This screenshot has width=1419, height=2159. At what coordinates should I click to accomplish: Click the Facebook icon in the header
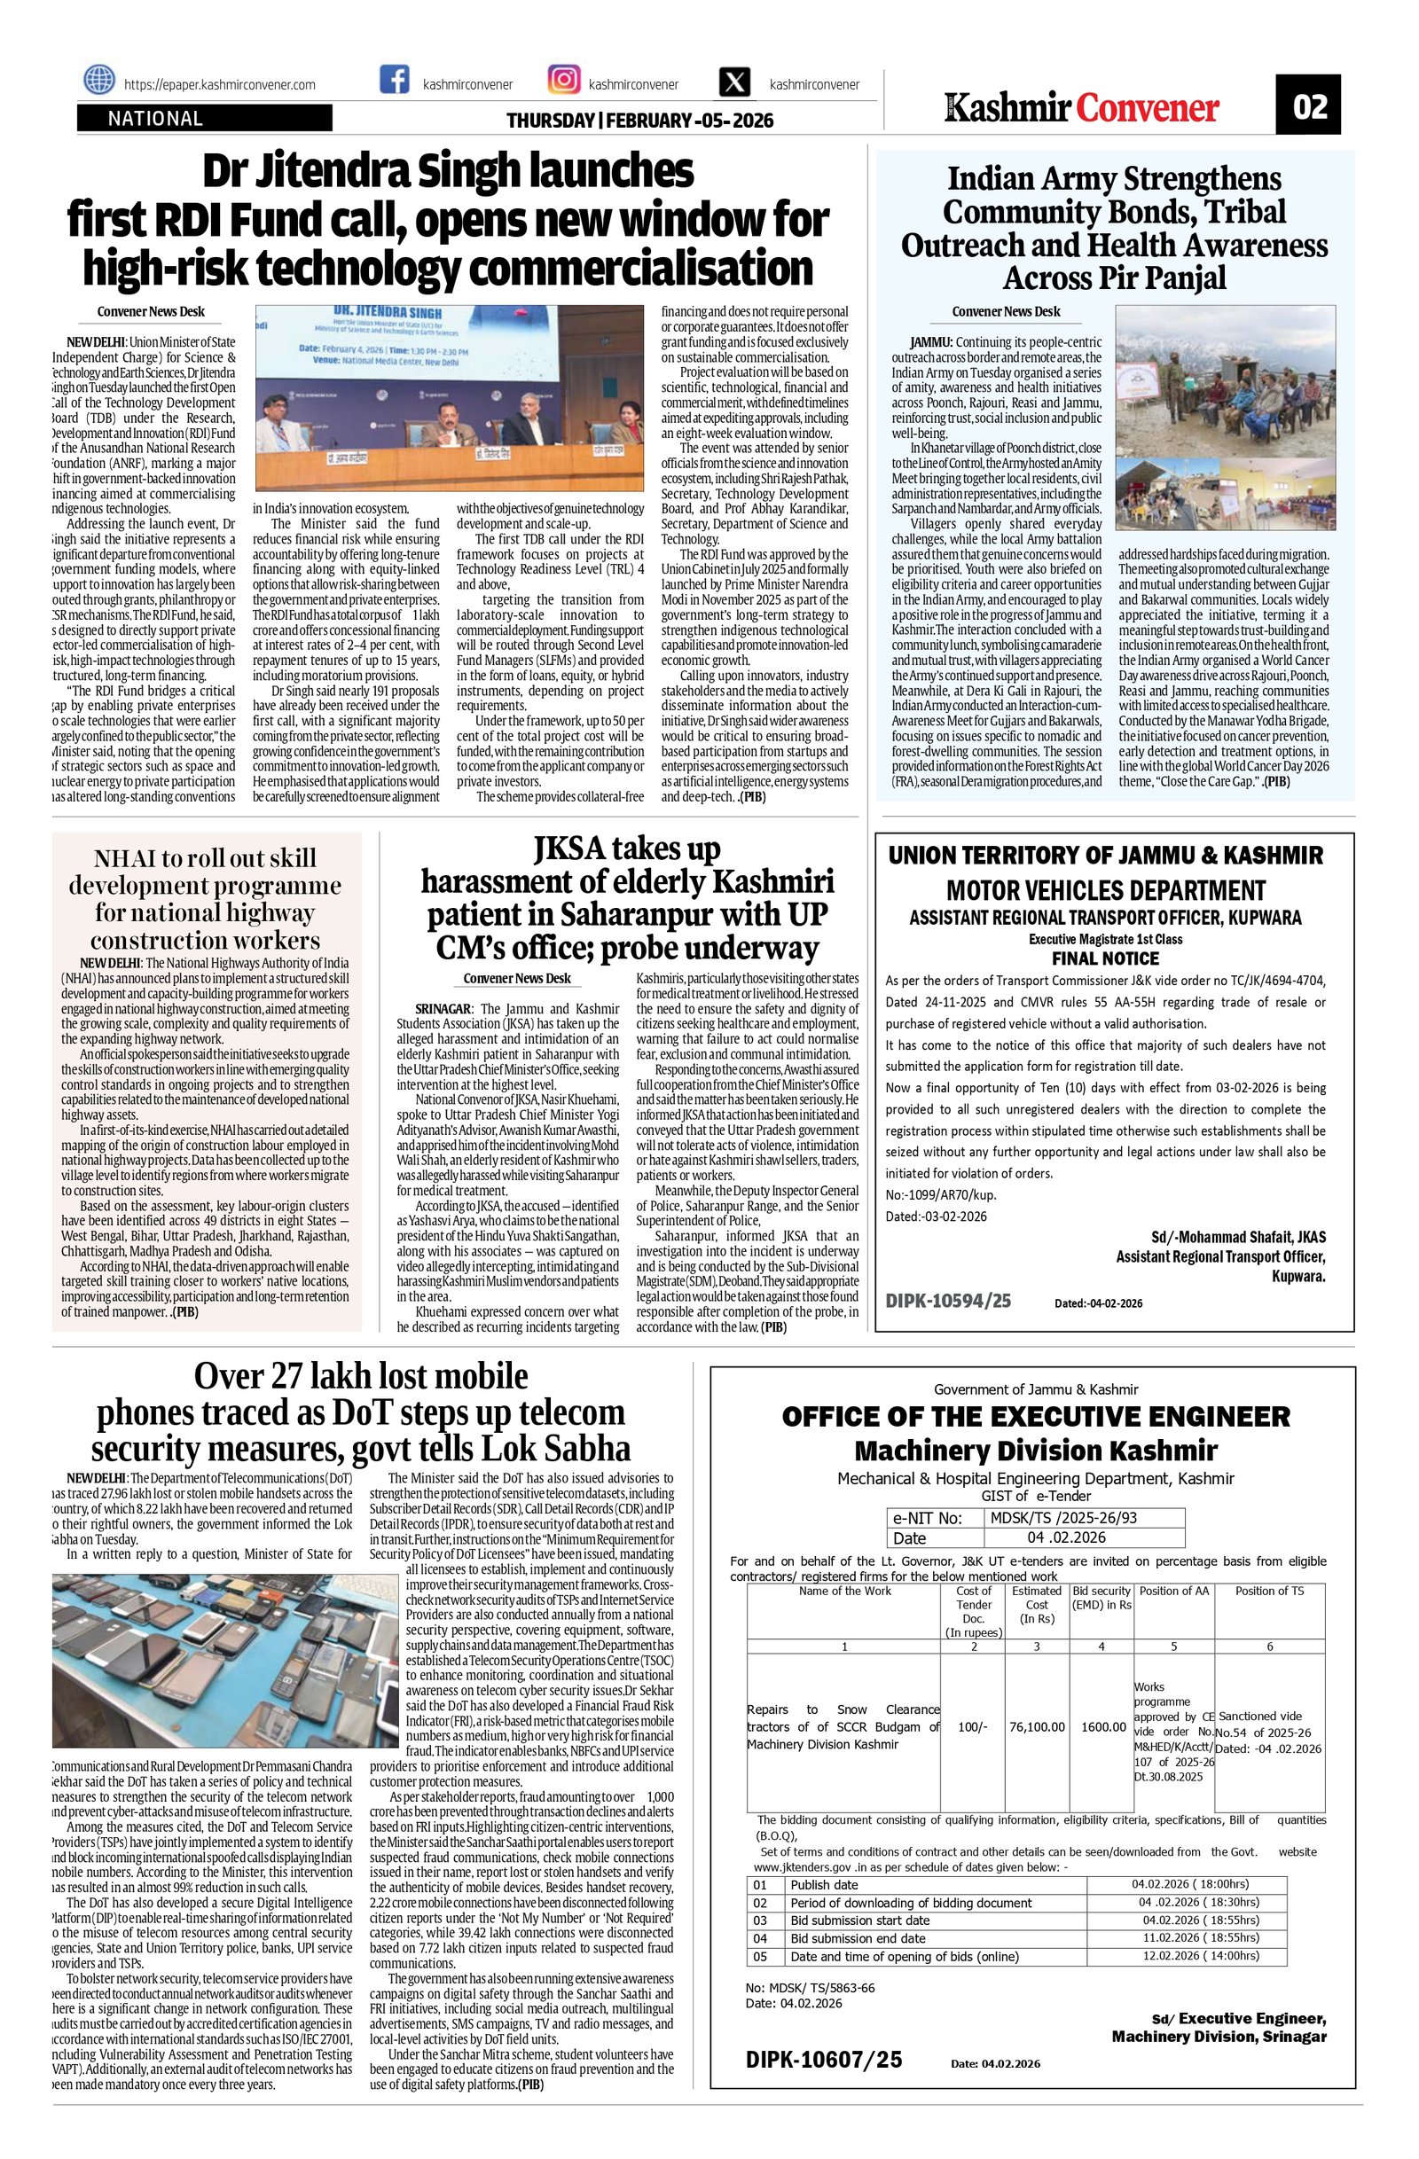(x=394, y=81)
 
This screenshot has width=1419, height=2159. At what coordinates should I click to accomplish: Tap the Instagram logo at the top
(x=563, y=81)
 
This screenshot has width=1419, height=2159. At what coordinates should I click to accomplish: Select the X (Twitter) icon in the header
(x=734, y=82)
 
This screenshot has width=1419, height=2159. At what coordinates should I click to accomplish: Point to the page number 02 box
(x=1309, y=106)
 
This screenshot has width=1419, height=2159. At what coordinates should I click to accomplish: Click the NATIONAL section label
(x=155, y=119)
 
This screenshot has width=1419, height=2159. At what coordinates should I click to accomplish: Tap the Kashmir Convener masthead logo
(x=1081, y=108)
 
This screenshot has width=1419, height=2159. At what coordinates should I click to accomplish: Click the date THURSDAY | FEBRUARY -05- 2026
(x=639, y=121)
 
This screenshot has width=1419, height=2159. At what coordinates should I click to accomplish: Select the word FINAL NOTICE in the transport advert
(x=1104, y=958)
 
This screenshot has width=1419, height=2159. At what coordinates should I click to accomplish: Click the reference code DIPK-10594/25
(x=947, y=1301)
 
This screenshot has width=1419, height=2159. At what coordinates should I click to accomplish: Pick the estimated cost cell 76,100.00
(x=1037, y=1727)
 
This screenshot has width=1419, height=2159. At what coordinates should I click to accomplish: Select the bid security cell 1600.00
(x=1102, y=1727)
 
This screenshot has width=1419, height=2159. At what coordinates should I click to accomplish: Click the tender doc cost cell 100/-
(x=973, y=1727)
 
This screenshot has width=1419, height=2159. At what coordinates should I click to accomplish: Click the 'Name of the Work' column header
(x=844, y=1592)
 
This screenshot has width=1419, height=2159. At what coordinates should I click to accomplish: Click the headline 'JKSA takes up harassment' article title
(x=626, y=898)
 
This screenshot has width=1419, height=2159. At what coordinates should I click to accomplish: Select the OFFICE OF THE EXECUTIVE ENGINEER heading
(x=1035, y=1418)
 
